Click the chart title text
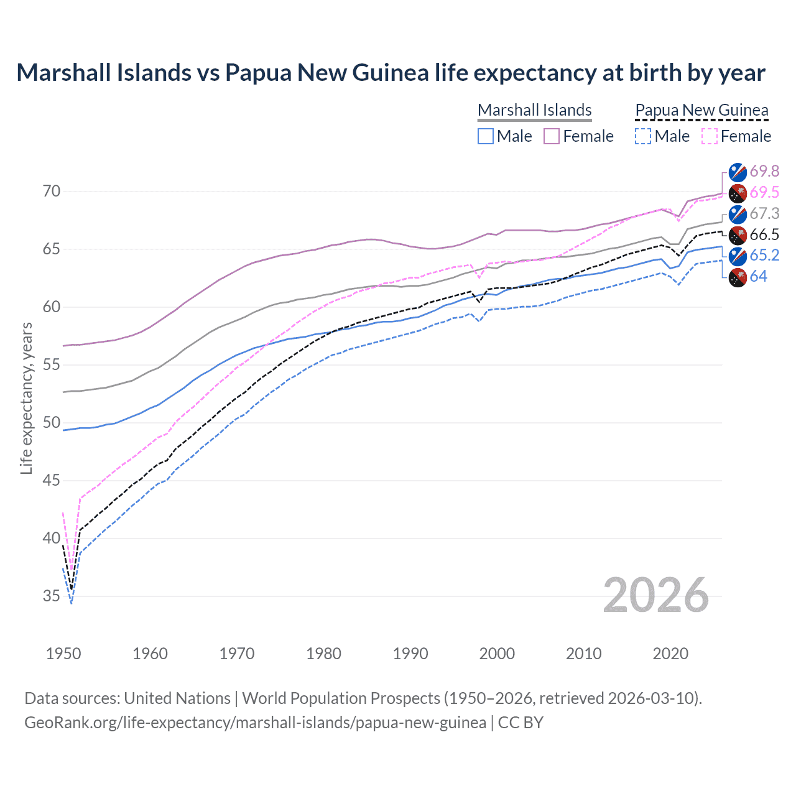391,73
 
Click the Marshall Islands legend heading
534,110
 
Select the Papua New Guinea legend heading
701,110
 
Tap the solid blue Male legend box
486,136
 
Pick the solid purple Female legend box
552,136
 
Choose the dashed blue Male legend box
643,136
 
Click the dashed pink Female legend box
709,136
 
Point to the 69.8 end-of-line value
764,171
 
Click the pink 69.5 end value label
764,192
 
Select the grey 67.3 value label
764,213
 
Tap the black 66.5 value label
764,234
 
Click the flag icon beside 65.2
738,256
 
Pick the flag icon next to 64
738,277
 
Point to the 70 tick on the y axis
52,191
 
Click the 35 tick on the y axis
52,596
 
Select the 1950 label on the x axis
63,654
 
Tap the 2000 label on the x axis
497,654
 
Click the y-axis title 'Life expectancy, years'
26,398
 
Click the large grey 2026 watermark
655,595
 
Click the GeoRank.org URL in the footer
255,723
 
